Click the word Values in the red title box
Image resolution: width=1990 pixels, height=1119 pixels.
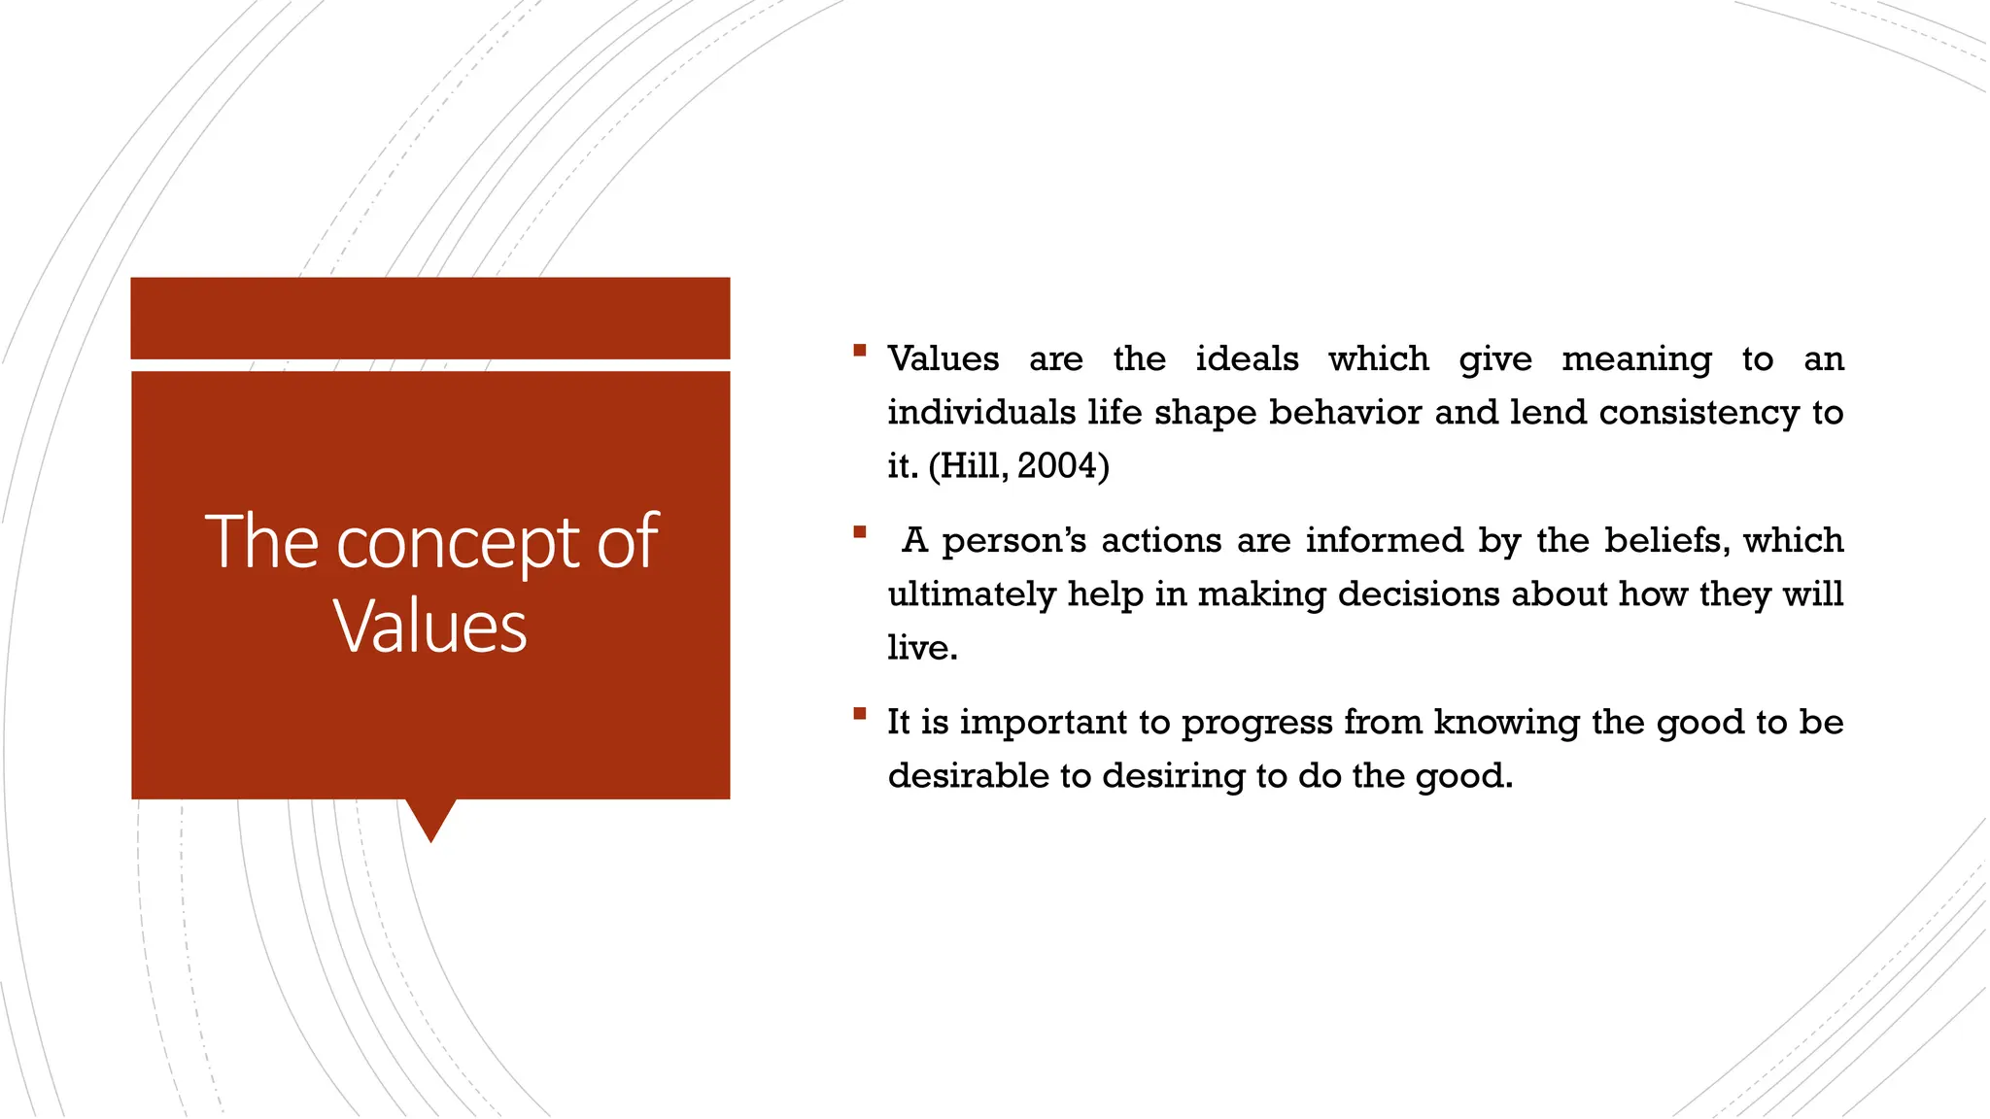430,627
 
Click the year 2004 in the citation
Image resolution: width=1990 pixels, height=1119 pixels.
1057,466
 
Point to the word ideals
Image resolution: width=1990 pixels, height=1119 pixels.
1247,359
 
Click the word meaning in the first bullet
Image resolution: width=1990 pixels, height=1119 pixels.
1636,359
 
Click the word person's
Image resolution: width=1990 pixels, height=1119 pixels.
1013,541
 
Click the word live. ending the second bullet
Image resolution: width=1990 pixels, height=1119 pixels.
922,648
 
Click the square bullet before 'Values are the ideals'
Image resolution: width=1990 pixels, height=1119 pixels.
859,350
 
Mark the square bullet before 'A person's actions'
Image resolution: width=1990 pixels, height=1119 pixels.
859,531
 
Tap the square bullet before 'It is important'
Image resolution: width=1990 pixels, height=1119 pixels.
859,714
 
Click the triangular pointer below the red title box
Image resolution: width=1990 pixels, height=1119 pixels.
430,818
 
